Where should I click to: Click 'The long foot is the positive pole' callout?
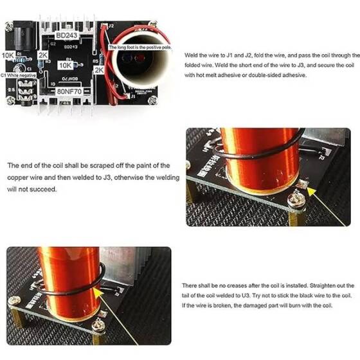pyautogui.click(x=139, y=47)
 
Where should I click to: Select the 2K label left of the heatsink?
pyautogui.click(x=43, y=56)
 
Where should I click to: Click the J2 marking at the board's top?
pyautogui.click(x=111, y=26)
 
